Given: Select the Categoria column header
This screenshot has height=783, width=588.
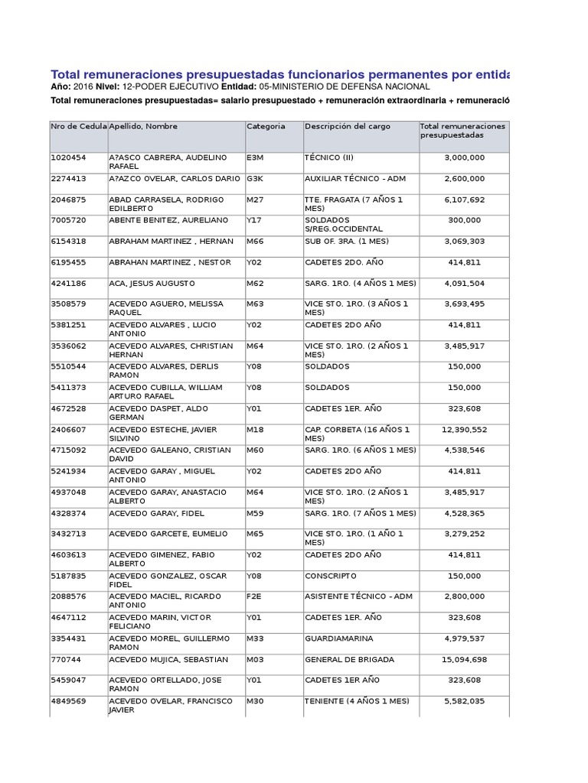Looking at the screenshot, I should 266,126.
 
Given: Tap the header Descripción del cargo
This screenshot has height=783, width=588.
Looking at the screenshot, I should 347,126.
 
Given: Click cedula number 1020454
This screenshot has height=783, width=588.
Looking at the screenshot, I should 68,158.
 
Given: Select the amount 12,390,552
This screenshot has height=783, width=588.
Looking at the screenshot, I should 463,430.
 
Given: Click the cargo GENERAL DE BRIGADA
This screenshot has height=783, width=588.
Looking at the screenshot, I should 349,659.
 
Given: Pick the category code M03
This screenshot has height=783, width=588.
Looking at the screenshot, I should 254,659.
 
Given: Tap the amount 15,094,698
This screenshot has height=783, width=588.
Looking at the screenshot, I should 463,659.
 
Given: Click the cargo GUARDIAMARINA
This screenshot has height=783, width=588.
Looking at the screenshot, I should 335,638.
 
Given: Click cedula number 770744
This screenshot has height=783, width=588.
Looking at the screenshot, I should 65,659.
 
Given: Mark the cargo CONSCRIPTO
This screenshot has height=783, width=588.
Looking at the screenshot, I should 330,576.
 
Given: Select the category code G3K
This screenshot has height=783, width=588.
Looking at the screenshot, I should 254,178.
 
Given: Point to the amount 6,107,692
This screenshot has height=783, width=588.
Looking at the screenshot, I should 464,200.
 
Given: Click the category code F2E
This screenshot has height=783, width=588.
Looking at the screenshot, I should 253,596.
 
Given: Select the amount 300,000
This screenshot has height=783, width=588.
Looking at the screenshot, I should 464,220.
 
